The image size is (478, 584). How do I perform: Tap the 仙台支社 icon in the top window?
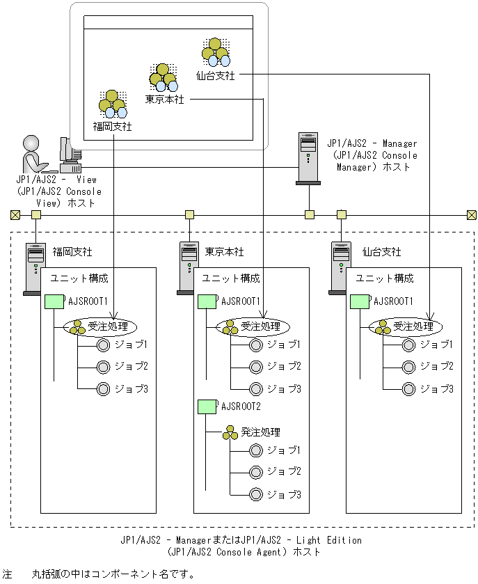[x=216, y=52]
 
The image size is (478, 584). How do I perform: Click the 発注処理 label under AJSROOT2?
[x=260, y=433]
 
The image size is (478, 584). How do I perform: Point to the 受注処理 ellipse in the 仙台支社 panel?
[x=402, y=326]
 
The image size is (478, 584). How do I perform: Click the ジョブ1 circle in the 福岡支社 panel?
[x=104, y=345]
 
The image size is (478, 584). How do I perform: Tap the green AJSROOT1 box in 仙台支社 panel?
[x=359, y=302]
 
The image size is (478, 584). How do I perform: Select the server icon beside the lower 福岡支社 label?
[x=35, y=268]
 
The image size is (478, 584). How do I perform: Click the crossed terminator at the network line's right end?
[x=471, y=214]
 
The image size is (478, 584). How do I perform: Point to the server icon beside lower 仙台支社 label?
[x=341, y=268]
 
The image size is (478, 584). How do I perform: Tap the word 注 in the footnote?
[x=8, y=574]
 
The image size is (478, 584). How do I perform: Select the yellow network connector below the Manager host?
[x=310, y=214]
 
